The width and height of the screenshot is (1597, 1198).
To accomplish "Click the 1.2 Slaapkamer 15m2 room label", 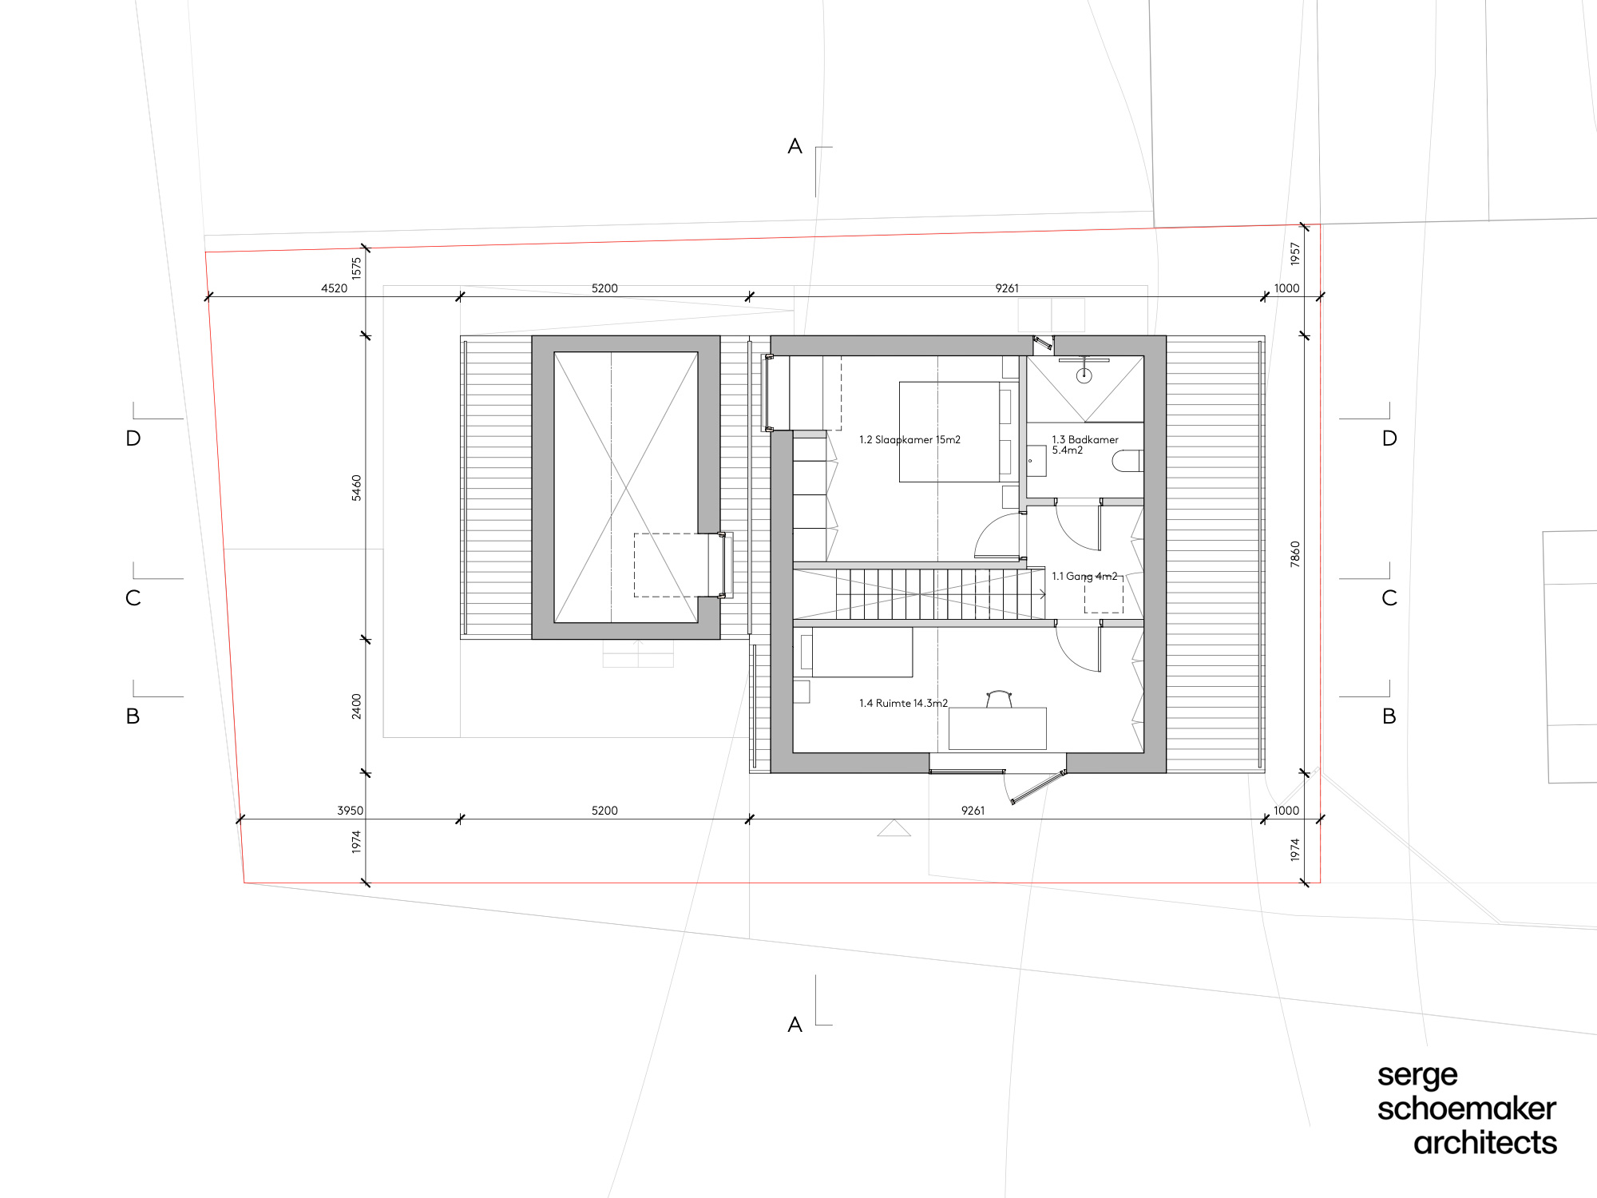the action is tap(909, 440).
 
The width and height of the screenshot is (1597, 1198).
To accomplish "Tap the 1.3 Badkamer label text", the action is tap(1085, 440).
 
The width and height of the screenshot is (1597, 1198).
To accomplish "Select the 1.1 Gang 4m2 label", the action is tap(1084, 576).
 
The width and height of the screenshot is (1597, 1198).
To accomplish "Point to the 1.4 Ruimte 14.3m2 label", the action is tap(903, 704).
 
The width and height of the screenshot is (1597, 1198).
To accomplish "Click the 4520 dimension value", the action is tap(335, 288).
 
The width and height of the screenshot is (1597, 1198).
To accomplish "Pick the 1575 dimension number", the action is tap(357, 268).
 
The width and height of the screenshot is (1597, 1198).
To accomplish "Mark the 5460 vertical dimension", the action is tap(357, 488).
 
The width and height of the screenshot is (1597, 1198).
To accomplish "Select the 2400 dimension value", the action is tap(357, 706).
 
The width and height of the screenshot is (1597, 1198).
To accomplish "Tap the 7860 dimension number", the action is tap(1295, 554).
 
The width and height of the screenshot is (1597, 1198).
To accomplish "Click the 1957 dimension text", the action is tap(1295, 254).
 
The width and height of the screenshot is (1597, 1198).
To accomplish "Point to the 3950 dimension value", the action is tap(351, 811).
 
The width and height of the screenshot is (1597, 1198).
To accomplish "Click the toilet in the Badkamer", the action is tap(1127, 461).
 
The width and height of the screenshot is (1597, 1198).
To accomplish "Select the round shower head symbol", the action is tap(1084, 375).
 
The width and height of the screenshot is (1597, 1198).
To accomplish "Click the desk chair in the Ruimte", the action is tap(999, 699).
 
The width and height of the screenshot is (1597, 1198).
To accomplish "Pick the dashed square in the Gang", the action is tap(1104, 595).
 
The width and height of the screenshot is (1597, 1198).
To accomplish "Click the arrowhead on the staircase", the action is tap(1042, 594).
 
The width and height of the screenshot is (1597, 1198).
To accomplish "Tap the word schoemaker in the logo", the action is tap(1467, 1109).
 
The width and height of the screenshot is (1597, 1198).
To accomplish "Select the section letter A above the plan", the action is tap(795, 146).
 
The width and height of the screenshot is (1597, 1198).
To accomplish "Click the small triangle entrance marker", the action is tap(894, 828).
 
